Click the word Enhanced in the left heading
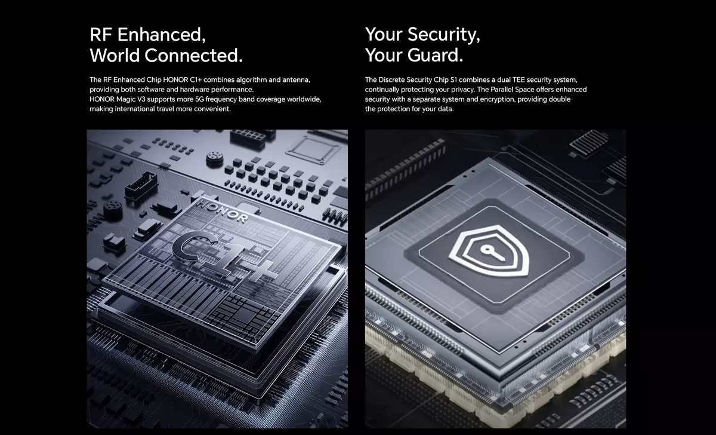click(162, 35)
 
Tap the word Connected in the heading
click(193, 56)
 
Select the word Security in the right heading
click(444, 35)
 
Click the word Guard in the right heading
click(435, 55)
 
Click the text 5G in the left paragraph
click(199, 99)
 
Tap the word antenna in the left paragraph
click(296, 80)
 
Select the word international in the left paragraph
click(135, 109)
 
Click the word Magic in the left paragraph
click(126, 99)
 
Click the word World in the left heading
click(115, 56)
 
